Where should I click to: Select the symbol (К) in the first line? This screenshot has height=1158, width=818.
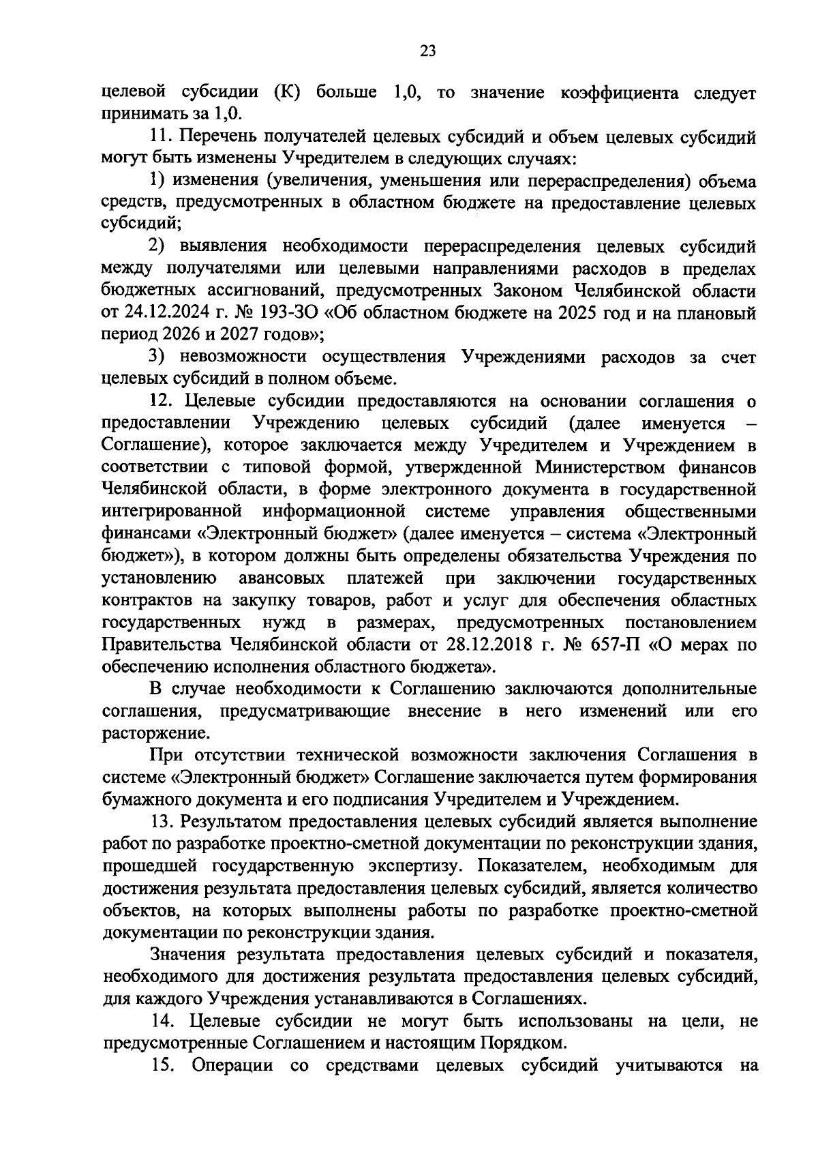(x=286, y=93)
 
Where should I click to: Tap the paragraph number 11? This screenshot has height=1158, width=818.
(x=162, y=137)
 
